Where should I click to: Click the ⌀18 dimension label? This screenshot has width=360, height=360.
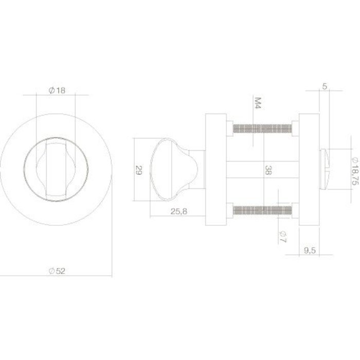(57, 91)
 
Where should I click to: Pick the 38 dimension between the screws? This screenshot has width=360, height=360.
(267, 169)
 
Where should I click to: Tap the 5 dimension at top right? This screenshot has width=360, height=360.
(325, 87)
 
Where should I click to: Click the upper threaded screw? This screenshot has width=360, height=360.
(262, 128)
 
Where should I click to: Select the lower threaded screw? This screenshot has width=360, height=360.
(262, 210)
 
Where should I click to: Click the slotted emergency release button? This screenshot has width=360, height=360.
(327, 169)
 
